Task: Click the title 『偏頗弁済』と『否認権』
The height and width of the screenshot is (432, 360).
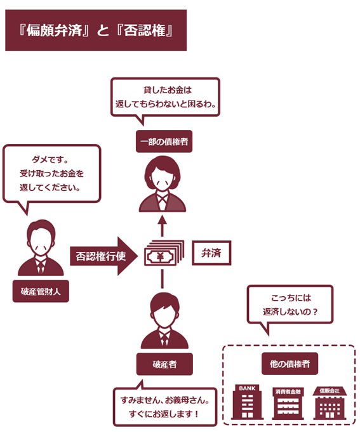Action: pos(96,30)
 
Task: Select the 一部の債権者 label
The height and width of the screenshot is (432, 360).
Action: pos(164,141)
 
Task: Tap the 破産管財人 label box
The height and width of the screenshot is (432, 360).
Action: pos(41,291)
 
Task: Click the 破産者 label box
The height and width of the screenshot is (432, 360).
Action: pos(164,364)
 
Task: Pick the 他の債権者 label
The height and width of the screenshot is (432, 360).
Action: pos(290,363)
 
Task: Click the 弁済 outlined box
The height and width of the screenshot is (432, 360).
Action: pos(211,253)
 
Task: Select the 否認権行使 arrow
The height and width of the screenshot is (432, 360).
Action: pos(104,256)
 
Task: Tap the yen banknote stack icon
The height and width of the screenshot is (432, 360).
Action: pos(164,253)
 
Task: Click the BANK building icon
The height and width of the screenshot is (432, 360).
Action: pos(247,402)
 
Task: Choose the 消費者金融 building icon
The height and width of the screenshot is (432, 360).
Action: pos(288,403)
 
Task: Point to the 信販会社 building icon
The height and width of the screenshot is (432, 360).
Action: pos(330,403)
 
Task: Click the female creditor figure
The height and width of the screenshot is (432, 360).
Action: pos(163,184)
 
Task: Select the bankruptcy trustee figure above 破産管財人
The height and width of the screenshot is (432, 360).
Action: pos(41,247)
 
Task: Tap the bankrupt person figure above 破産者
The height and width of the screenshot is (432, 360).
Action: pos(164,321)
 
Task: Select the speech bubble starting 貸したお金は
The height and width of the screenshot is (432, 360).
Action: pos(165,97)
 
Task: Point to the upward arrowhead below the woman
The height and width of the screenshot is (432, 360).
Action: pos(163,220)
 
